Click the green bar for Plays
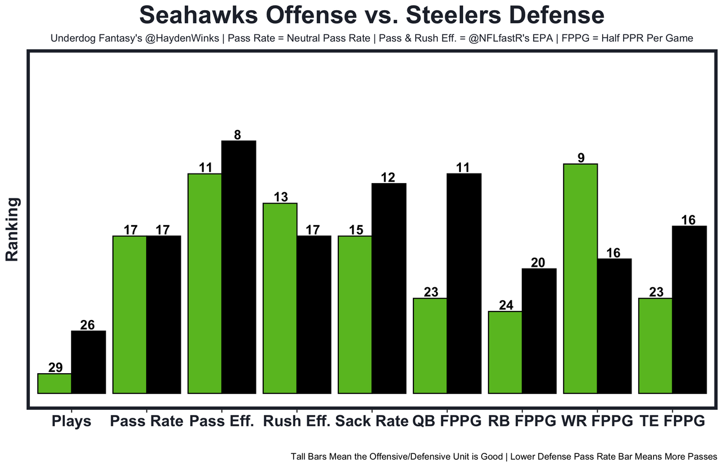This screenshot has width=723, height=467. [54, 383]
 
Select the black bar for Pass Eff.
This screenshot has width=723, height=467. [238, 266]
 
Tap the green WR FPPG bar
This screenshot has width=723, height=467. [580, 278]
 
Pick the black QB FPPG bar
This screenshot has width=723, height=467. [464, 283]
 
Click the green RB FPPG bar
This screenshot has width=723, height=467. [505, 352]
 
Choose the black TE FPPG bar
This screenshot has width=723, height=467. [689, 309]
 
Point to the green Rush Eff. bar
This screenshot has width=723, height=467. [280, 298]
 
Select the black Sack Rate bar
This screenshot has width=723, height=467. [389, 288]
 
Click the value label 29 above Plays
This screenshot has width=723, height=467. [55, 367]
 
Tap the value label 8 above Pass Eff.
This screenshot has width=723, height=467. [238, 135]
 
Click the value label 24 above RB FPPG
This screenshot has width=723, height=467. [507, 305]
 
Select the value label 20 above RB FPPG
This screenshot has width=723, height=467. [539, 262]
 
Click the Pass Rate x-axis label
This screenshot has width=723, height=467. [147, 421]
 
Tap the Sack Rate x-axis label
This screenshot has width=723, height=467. [371, 421]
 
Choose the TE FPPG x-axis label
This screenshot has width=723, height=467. [672, 421]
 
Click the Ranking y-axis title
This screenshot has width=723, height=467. [12, 229]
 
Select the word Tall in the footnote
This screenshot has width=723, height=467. [299, 456]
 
